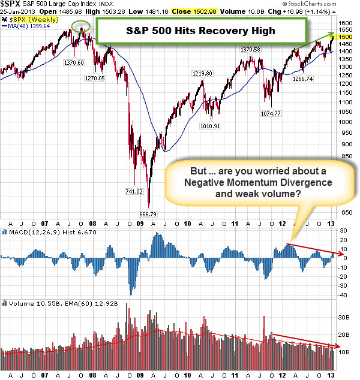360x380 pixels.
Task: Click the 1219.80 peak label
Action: [202, 73]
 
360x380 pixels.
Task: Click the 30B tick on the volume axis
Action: [343, 318]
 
